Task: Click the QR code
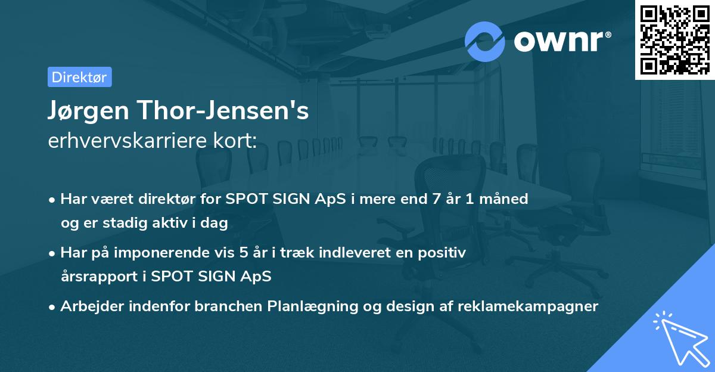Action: [674, 39]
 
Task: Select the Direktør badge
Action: [79, 76]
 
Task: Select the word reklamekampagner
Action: [528, 306]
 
